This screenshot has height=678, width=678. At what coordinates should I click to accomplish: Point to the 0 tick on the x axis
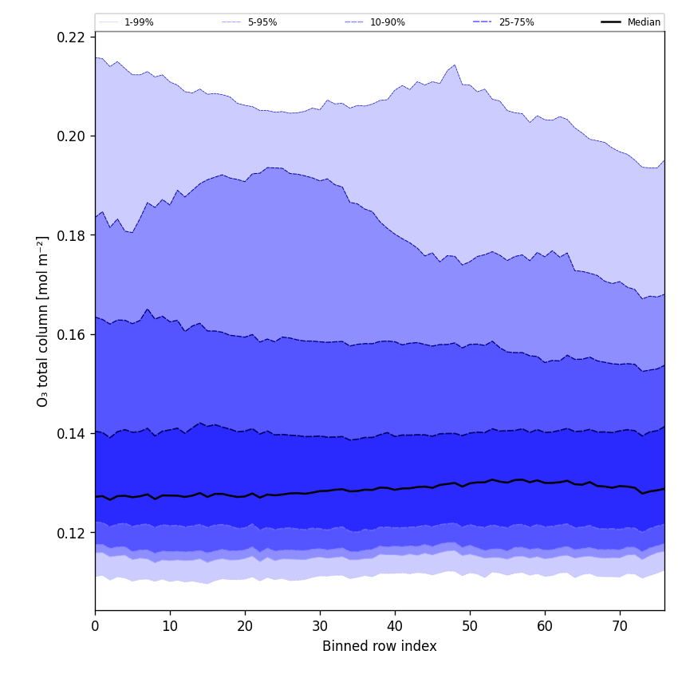pyautogui.click(x=95, y=626)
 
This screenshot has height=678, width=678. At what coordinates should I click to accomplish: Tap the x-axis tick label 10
pyautogui.click(x=170, y=626)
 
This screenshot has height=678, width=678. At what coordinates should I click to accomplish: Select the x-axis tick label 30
pyautogui.click(x=320, y=626)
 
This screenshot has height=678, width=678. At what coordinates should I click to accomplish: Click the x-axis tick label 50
pyautogui.click(x=470, y=626)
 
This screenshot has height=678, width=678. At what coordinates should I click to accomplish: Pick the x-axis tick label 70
pyautogui.click(x=620, y=626)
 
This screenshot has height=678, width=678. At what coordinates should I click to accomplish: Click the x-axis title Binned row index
pyautogui.click(x=380, y=646)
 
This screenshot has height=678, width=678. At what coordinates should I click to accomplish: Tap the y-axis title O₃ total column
pyautogui.click(x=43, y=321)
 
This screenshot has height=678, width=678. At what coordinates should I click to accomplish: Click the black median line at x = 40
pyautogui.click(x=395, y=489)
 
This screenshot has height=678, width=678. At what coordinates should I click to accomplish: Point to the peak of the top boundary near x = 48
pyautogui.click(x=455, y=65)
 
